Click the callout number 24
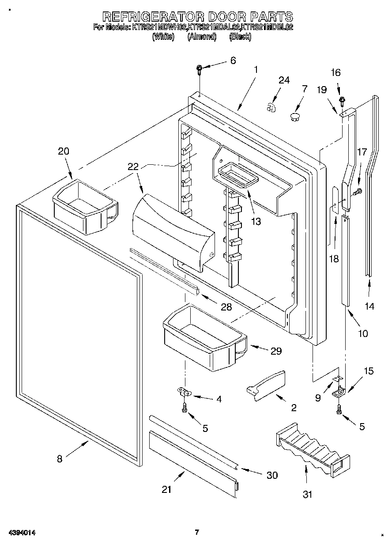(x=284, y=80)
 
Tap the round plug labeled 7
(x=294, y=117)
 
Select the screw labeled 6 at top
(x=199, y=68)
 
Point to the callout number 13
(x=255, y=221)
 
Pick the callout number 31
(x=307, y=494)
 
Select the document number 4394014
(x=21, y=532)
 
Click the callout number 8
(x=60, y=459)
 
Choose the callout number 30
(x=272, y=475)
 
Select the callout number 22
(x=133, y=167)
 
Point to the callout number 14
(x=369, y=306)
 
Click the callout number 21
(x=167, y=489)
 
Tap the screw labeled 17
(x=358, y=191)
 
